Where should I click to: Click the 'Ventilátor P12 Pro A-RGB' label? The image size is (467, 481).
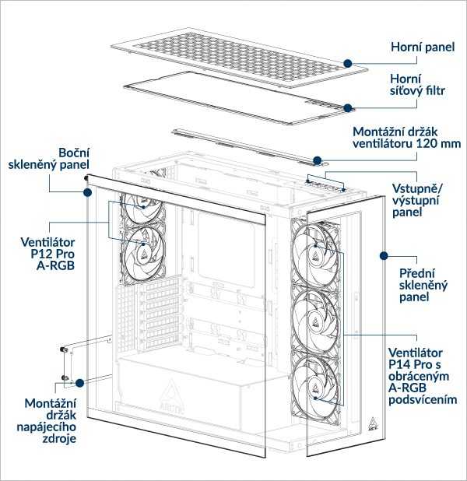(x=52, y=253)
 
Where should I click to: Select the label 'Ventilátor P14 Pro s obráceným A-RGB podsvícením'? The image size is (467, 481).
(x=421, y=377)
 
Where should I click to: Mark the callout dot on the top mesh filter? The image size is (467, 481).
(x=346, y=107)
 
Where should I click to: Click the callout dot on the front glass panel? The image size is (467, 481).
(x=382, y=255)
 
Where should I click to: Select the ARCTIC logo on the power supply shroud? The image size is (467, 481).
(x=174, y=392)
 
